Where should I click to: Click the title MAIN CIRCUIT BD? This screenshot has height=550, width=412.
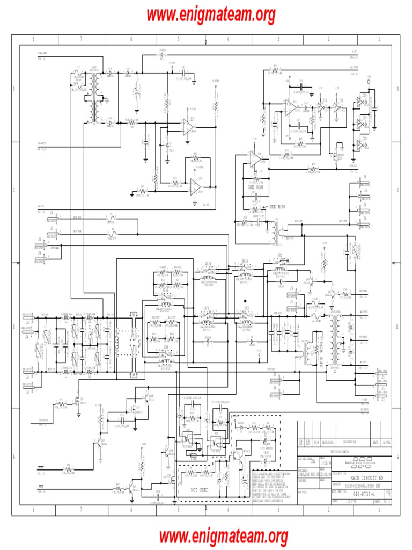tap(367, 477)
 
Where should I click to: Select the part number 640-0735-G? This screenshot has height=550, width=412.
tap(364, 493)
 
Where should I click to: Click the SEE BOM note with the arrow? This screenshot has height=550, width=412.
tap(277, 207)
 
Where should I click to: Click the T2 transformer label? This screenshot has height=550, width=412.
tap(336, 370)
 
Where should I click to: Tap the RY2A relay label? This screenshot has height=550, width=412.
tap(245, 260)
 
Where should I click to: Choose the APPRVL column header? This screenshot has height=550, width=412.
tap(387, 442)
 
